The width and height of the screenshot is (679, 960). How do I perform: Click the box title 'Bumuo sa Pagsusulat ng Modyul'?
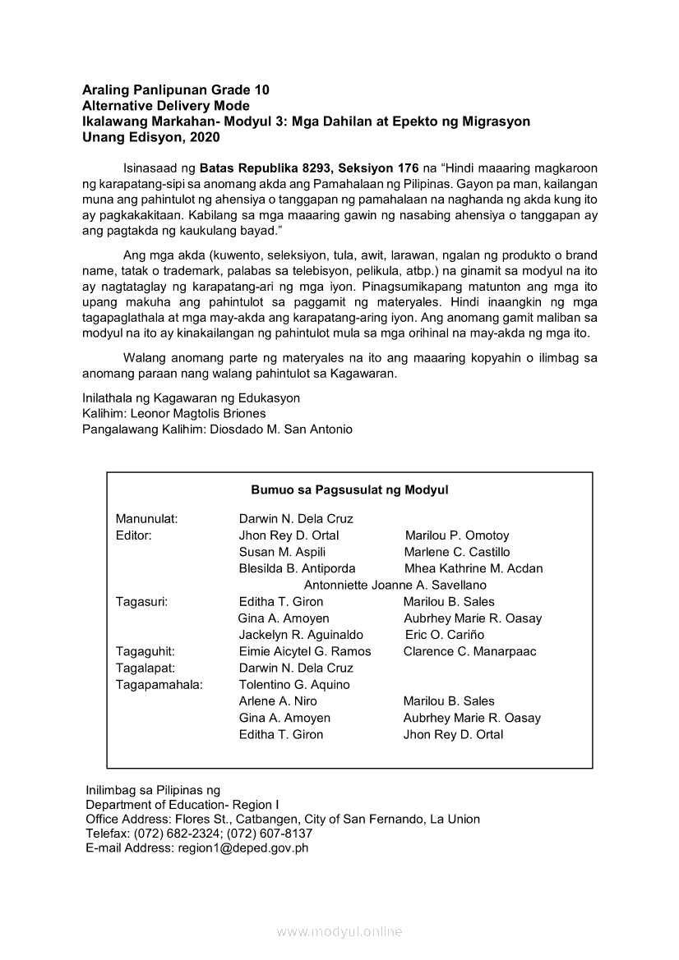pyautogui.click(x=349, y=489)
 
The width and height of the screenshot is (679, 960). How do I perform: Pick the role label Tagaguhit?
pyautogui.click(x=145, y=651)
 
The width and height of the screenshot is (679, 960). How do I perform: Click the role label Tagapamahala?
pyautogui.click(x=159, y=684)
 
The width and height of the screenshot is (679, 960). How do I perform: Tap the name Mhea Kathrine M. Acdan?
pyautogui.click(x=473, y=568)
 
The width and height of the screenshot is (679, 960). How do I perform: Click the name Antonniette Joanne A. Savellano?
pyautogui.click(x=395, y=586)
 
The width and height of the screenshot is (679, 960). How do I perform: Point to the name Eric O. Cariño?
pyautogui.click(x=445, y=635)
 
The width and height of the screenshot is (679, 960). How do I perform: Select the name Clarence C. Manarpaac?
pyautogui.click(x=469, y=651)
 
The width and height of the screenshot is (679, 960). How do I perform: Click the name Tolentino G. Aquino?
pyautogui.click(x=294, y=684)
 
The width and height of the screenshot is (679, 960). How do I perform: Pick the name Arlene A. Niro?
pyautogui.click(x=278, y=700)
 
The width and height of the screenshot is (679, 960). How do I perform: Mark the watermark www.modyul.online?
pyautogui.click(x=339, y=931)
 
